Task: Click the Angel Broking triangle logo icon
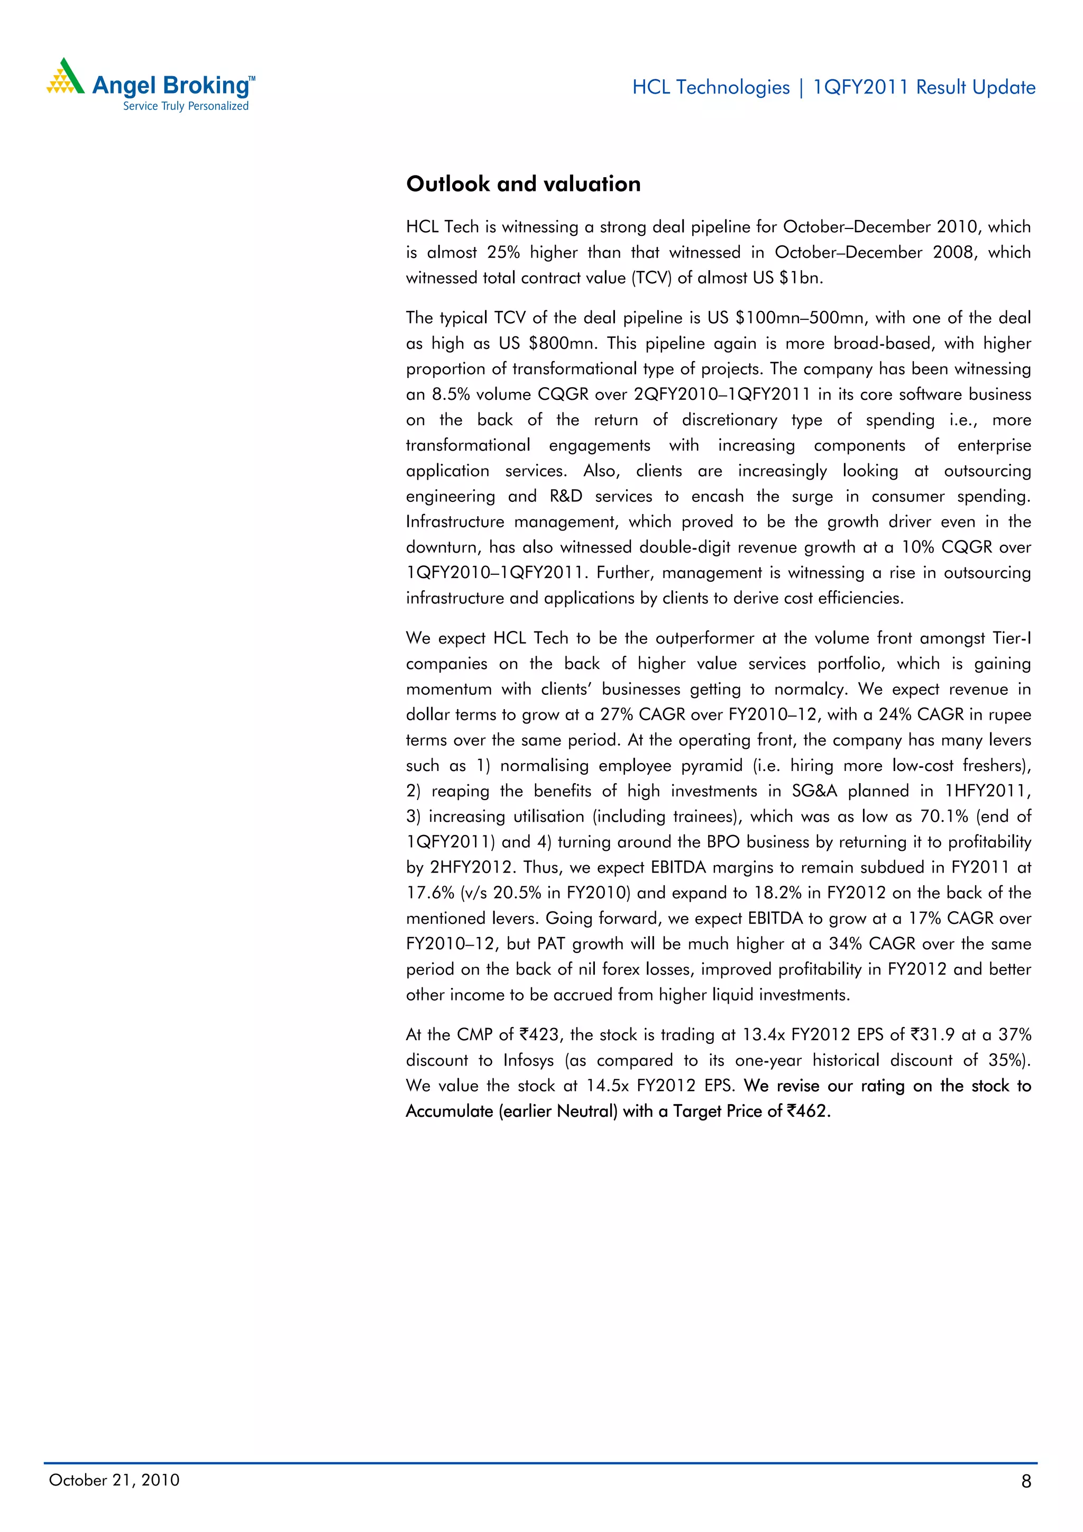65,77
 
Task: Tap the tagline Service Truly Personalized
186,106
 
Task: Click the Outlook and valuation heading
523,184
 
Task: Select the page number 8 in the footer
1025,1481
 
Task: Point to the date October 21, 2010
114,1480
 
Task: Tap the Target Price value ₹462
807,1111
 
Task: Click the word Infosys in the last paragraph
528,1060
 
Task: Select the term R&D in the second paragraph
566,497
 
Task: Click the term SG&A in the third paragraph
814,791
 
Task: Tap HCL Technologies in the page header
711,87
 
